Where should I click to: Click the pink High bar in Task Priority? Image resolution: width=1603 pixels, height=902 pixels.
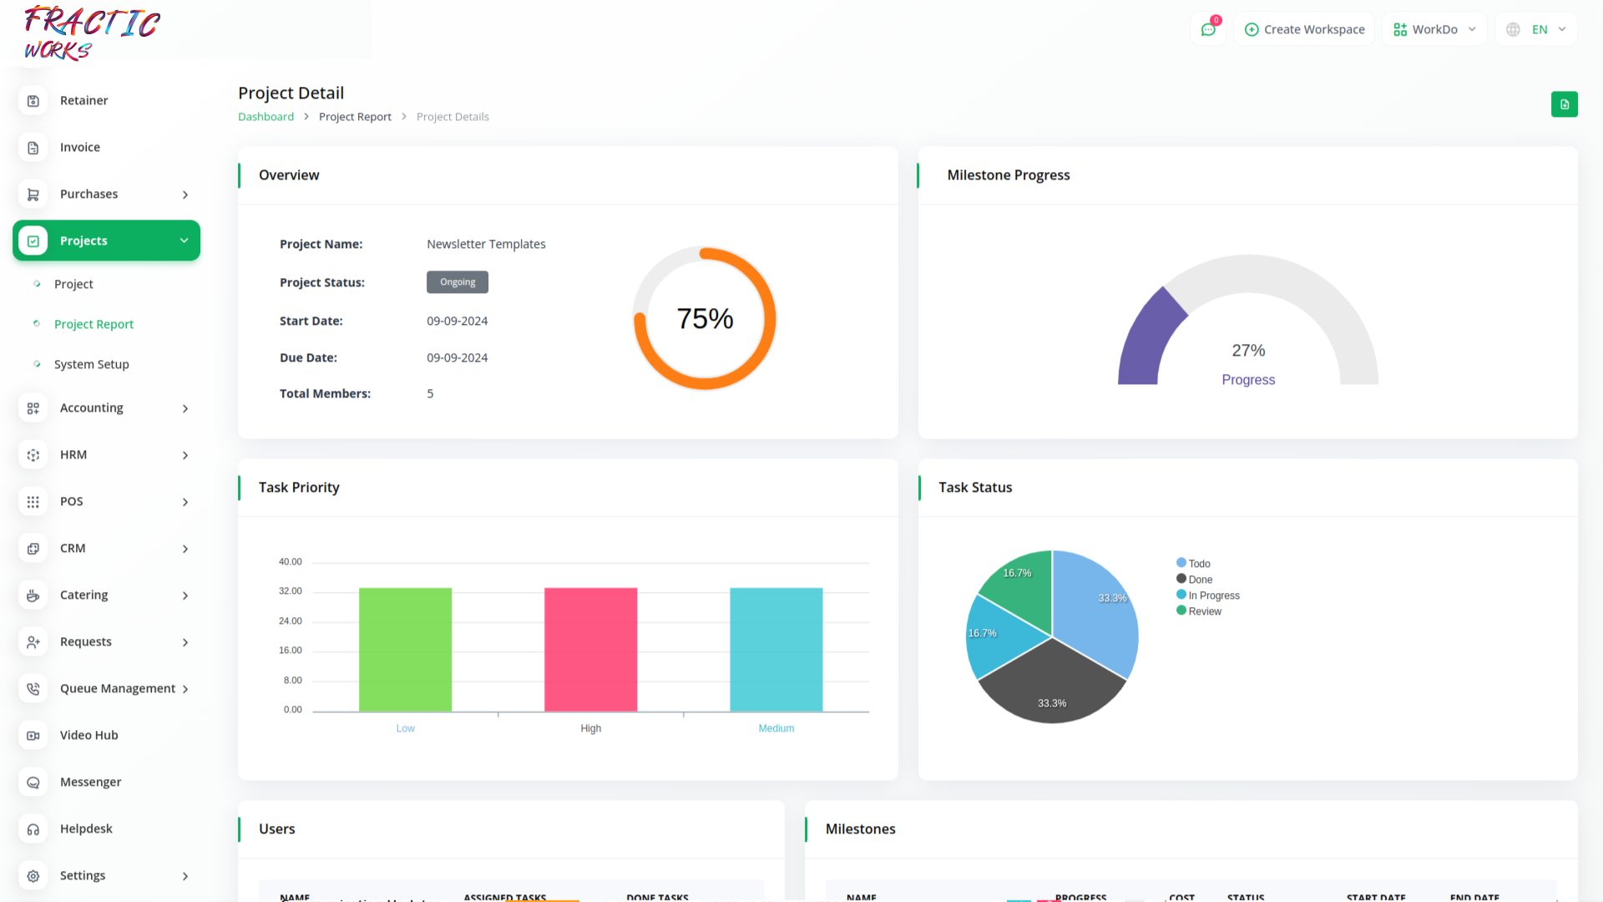[590, 649]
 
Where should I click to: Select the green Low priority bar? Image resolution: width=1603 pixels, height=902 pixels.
[405, 649]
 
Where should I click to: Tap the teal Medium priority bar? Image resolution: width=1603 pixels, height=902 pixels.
[776, 649]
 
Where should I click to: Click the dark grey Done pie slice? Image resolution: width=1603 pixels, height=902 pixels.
[1052, 685]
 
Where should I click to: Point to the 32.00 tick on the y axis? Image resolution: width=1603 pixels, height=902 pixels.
[290, 591]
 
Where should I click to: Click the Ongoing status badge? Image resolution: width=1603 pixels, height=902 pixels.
[458, 282]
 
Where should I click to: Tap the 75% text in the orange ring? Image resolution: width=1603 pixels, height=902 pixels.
[705, 318]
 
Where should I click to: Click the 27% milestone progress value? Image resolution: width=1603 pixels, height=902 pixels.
[1248, 351]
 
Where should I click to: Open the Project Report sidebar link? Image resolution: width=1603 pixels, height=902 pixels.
[94, 324]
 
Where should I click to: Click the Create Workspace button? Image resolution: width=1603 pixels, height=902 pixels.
[1304, 29]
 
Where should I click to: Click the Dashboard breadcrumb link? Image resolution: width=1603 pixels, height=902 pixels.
[265, 117]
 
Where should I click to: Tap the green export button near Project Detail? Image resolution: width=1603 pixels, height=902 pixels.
[1564, 104]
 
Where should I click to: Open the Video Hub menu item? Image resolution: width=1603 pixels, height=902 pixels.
[88, 735]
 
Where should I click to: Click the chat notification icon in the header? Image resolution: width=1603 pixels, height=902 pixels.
[1208, 29]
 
